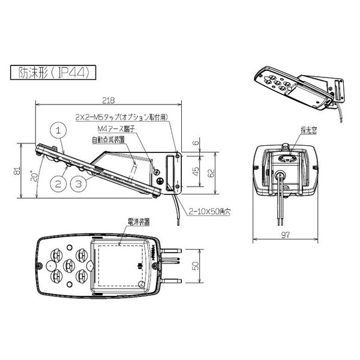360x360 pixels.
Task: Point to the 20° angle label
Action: pyautogui.click(x=35, y=176)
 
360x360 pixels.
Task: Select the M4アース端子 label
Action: pyautogui.click(x=115, y=128)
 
